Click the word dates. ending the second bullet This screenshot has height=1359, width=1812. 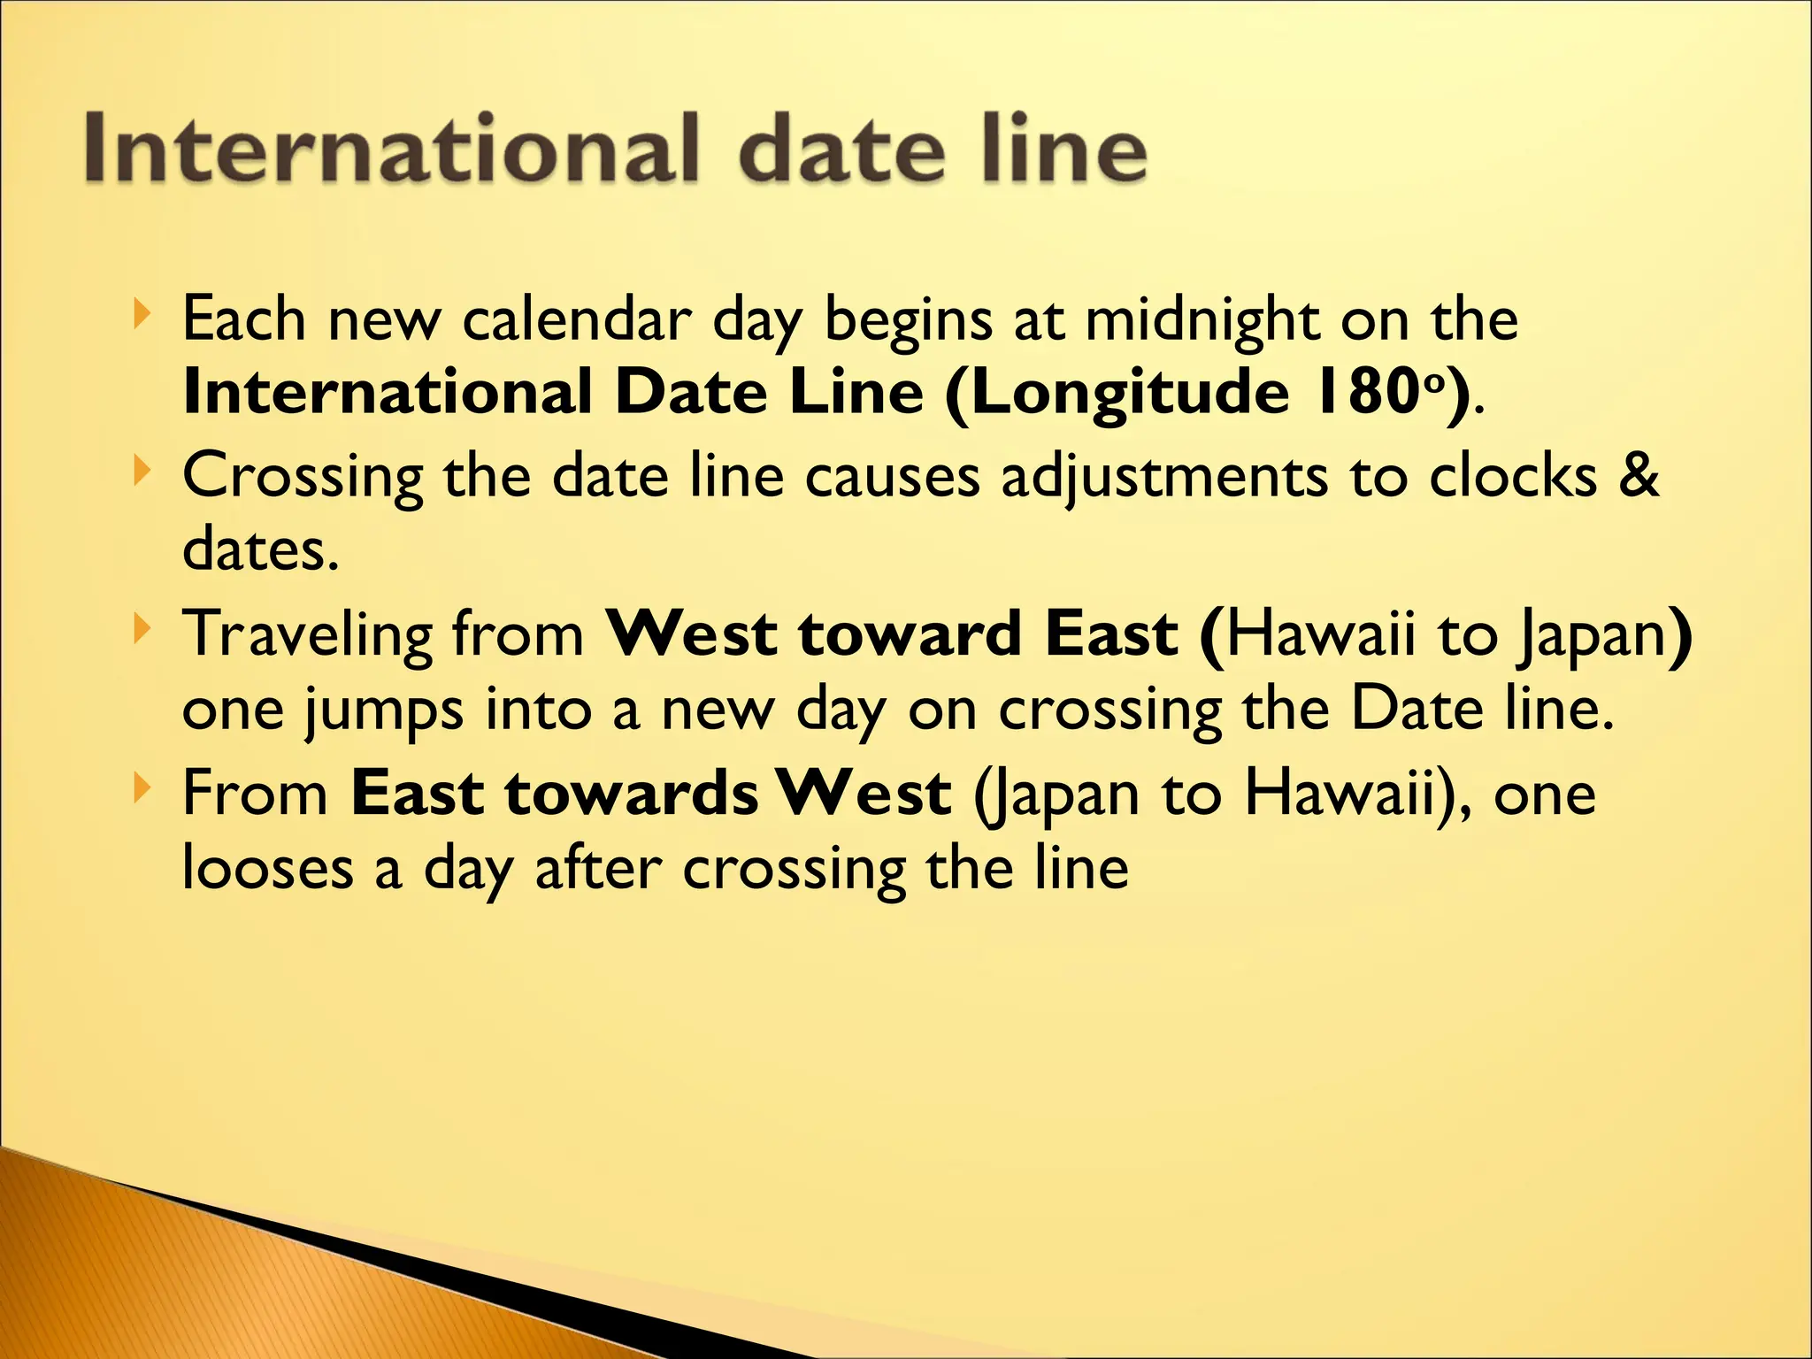tap(260, 550)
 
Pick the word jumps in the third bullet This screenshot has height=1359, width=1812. tap(383, 710)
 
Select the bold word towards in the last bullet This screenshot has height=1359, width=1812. tap(632, 794)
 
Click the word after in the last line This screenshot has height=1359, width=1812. tap(598, 869)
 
